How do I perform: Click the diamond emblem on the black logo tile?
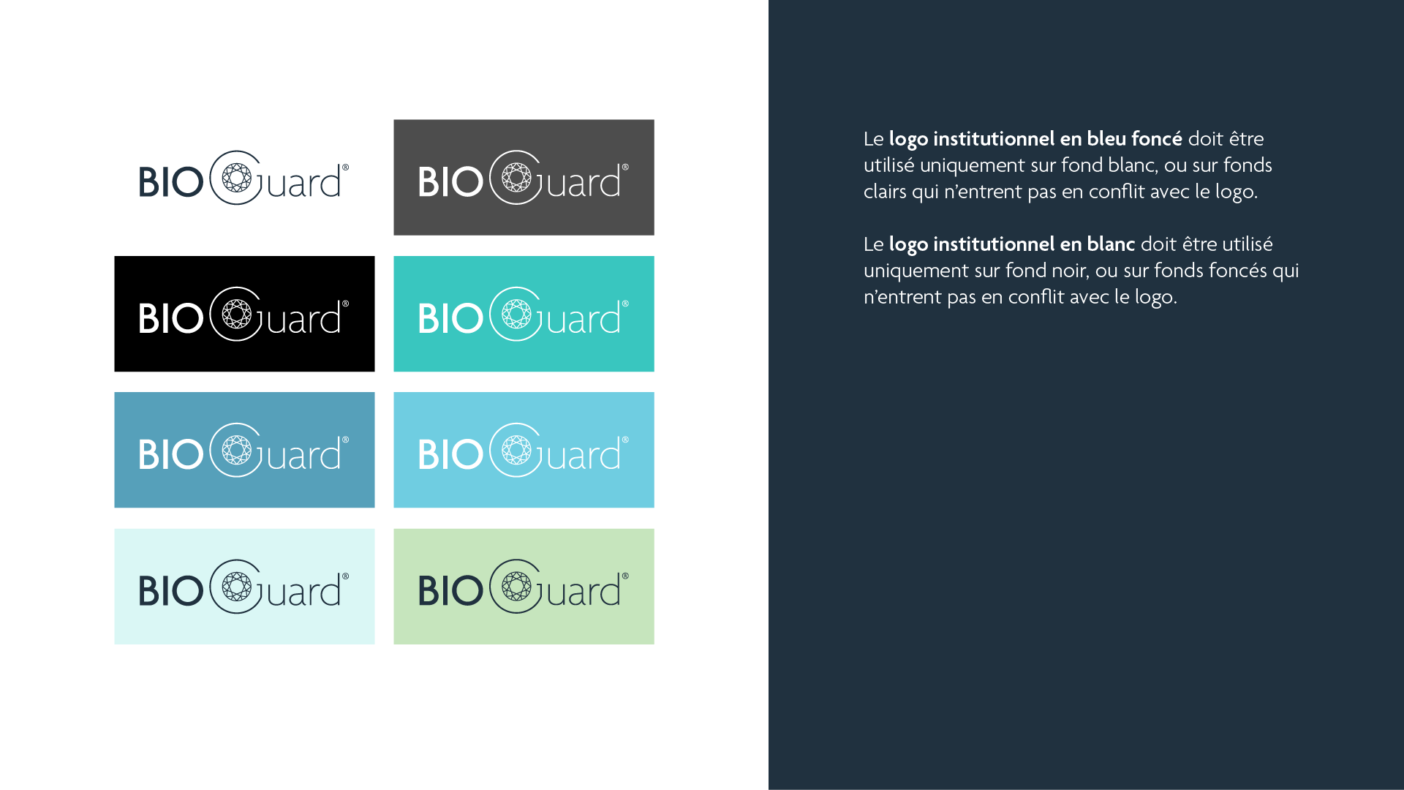pos(236,315)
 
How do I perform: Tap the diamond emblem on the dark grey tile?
pos(516,178)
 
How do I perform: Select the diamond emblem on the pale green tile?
pos(516,587)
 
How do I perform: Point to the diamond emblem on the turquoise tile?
pos(516,315)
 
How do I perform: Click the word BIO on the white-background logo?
pos(171,182)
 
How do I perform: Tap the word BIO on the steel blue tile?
pos(171,454)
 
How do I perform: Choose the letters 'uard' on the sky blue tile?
pos(584,454)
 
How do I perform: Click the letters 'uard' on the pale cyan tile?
pos(304,591)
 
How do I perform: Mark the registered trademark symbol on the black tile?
pos(345,304)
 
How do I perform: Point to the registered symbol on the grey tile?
pos(625,168)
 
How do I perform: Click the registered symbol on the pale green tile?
pos(625,576)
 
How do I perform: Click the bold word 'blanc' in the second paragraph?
pos(1111,244)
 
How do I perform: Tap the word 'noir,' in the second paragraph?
pos(1071,271)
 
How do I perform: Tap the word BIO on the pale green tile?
pos(450,591)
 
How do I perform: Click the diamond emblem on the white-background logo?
pos(236,178)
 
